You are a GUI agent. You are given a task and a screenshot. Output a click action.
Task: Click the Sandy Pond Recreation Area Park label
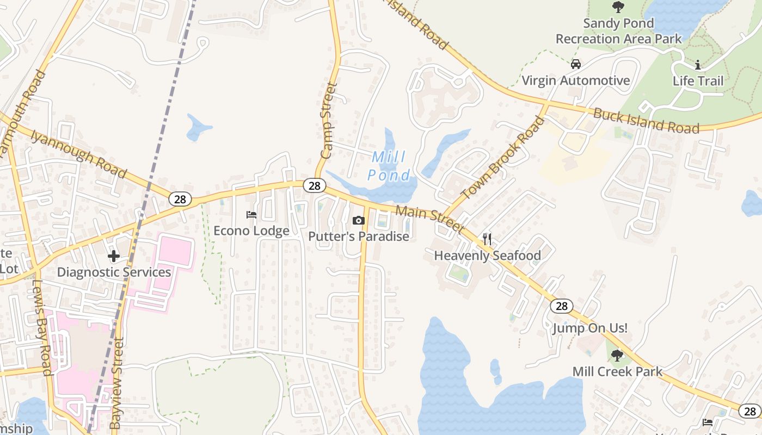coord(618,31)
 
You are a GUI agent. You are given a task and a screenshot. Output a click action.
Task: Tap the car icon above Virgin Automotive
coord(575,65)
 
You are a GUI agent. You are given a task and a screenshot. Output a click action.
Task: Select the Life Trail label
coord(698,81)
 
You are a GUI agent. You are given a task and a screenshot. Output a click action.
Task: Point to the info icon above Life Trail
coord(698,65)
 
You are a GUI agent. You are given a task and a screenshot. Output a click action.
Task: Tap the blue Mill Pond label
coord(389,166)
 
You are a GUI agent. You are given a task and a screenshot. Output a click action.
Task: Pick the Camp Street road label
coord(329,121)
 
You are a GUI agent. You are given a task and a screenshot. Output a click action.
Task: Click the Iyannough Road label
coord(78,154)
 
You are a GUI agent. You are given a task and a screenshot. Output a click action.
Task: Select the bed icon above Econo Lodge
coord(251,215)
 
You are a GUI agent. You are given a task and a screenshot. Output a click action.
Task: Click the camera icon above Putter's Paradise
coord(358,220)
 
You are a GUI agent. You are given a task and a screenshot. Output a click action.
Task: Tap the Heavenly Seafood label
coord(487,255)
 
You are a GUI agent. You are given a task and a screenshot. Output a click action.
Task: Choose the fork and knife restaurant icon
coord(487,239)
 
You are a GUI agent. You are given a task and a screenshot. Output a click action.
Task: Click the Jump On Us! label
coord(590,328)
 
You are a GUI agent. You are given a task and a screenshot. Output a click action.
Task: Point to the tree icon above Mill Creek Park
coord(617,356)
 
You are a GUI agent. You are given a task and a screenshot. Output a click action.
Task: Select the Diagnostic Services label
coord(114,272)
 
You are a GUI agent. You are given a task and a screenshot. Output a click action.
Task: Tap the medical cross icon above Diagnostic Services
coord(114,256)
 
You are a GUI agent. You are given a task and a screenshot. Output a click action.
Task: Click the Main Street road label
coord(429,219)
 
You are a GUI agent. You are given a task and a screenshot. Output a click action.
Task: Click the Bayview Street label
coord(117,383)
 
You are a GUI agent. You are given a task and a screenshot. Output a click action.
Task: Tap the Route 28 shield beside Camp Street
coord(314,186)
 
